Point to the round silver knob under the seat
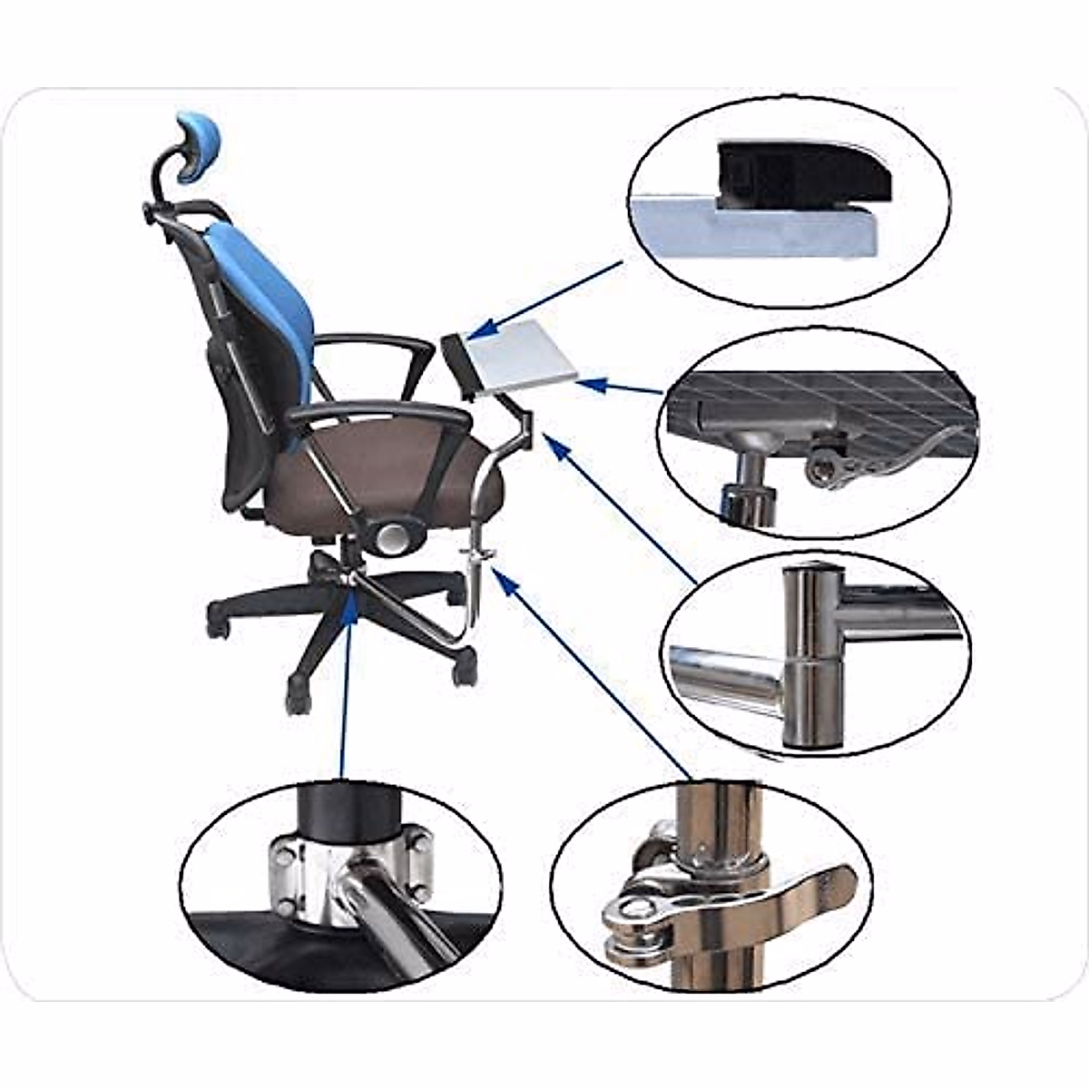point(392,537)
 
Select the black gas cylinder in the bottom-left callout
point(349,808)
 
